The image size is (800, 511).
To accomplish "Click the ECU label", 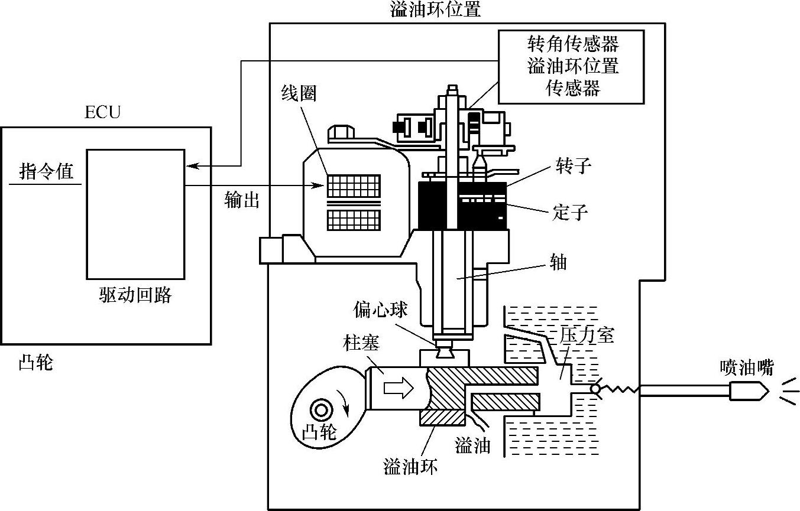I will click(102, 112).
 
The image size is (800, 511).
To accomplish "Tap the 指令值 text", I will click(47, 172).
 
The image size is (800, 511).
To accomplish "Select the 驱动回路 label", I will click(135, 295).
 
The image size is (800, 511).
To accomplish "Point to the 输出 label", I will click(242, 200).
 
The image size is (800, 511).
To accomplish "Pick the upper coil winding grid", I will click(354, 186).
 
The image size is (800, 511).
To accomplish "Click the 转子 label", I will click(572, 166).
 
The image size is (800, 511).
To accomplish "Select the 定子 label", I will click(570, 212).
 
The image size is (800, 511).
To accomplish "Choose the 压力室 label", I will click(587, 335).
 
